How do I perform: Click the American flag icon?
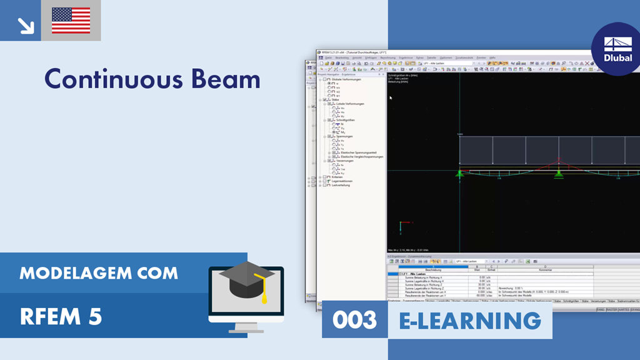tap(71, 20)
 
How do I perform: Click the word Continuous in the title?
tap(109, 79)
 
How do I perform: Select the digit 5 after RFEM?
tap(95, 317)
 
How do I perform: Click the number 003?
tap(354, 320)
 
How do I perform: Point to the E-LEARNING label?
tap(470, 320)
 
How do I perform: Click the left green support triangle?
tap(460, 173)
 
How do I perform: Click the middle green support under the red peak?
tap(559, 174)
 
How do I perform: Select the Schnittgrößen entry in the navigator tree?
tap(346, 119)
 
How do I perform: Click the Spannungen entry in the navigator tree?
tap(344, 136)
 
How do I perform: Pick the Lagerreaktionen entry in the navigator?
tap(343, 181)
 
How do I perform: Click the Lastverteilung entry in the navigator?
tap(341, 185)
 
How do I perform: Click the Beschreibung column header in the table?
tap(432, 269)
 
